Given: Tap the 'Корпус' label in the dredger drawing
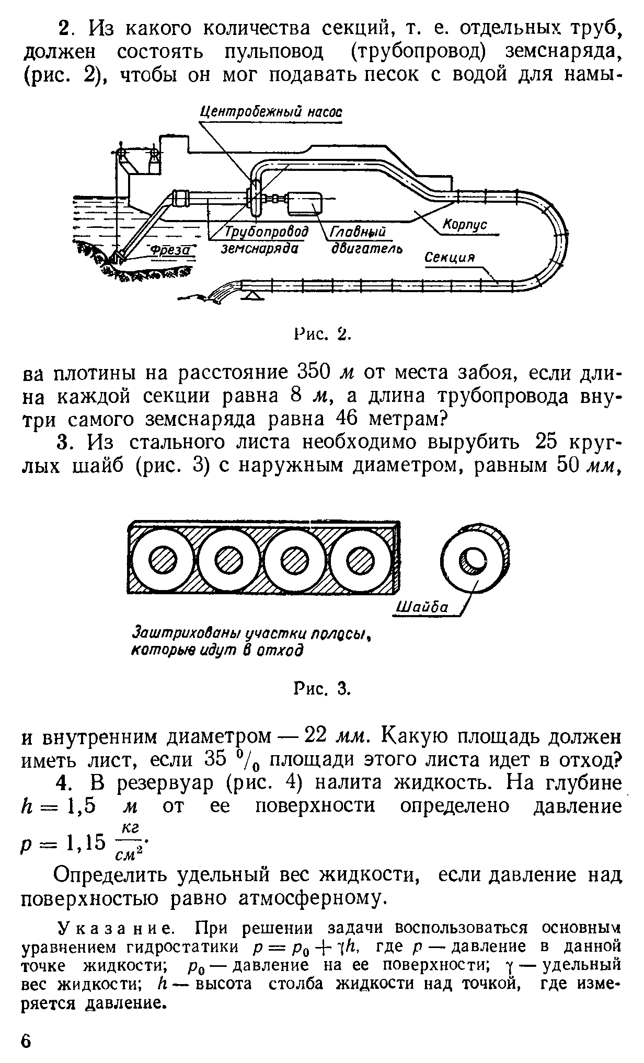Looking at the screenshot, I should (x=465, y=225).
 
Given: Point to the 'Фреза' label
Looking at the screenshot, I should (x=168, y=252).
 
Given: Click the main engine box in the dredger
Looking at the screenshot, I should (x=306, y=202).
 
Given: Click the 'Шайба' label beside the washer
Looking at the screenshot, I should (x=423, y=607).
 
